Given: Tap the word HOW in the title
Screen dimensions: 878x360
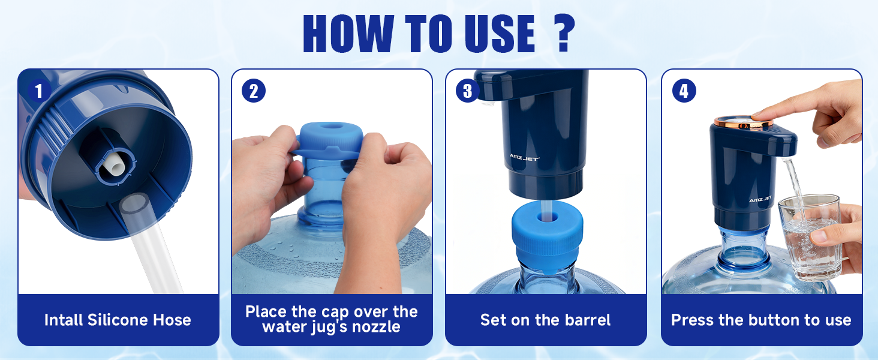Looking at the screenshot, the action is pos(348,34).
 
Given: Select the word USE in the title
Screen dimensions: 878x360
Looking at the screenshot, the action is pos(500,34).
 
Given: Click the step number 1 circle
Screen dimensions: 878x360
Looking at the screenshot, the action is pos(39,91).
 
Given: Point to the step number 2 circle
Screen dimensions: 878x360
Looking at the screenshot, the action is pos(254,91).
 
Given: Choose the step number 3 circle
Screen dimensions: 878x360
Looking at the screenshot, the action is pos(467,91).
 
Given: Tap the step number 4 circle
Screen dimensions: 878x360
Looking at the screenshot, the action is pos(684,91).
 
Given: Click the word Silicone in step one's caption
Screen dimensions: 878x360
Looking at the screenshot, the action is pos(118,320).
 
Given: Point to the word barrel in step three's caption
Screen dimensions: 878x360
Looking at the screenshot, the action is pos(588,320).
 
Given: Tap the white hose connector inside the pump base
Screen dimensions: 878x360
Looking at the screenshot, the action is pos(115,165).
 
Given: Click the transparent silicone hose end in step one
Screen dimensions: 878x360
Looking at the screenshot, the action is pos(135,204).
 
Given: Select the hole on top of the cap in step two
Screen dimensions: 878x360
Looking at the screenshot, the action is pos(331,126).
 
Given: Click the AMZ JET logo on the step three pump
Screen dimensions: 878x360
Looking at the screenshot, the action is pos(524,157).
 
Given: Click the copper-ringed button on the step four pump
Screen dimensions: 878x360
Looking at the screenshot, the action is pos(743,122).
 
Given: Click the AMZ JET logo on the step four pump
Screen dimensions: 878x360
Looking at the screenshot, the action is pos(760,200).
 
